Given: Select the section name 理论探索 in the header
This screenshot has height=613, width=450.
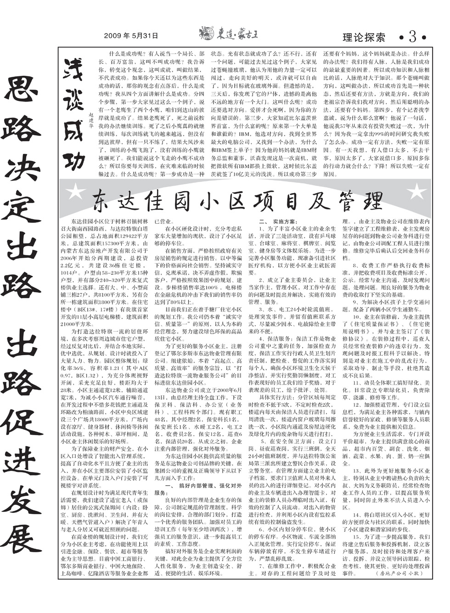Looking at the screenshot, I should pyautogui.click(x=364, y=37).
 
